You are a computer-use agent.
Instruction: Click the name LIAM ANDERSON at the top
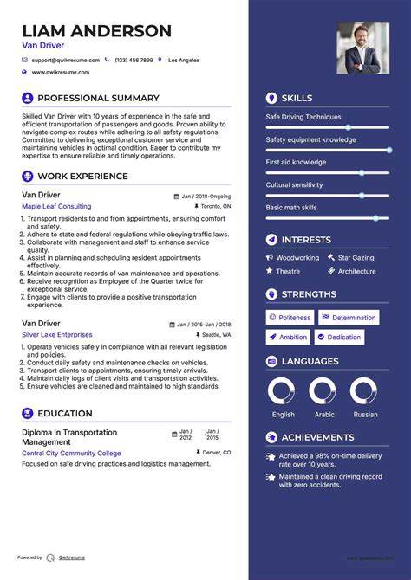click(x=96, y=31)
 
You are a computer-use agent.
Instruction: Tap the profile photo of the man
click(x=362, y=48)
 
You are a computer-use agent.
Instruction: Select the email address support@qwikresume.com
click(x=65, y=61)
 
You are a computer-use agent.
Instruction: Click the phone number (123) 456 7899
click(x=134, y=61)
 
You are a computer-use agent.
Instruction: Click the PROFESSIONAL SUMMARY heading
click(x=98, y=99)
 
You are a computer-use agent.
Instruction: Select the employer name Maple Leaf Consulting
click(x=56, y=207)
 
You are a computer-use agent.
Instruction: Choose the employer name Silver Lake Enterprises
click(x=57, y=335)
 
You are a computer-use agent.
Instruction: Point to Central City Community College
click(x=71, y=453)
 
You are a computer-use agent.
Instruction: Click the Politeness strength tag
click(x=289, y=318)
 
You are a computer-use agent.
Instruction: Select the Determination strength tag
click(x=349, y=318)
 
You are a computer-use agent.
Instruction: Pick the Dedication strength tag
click(x=339, y=338)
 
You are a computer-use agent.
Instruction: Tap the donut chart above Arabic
click(x=323, y=391)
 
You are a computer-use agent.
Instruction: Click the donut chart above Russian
click(x=364, y=391)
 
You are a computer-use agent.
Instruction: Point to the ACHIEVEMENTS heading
click(x=317, y=438)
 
